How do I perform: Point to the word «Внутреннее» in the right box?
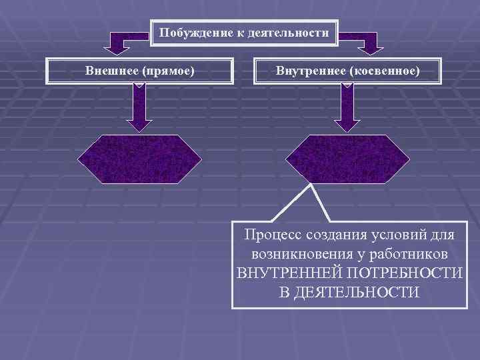click(309, 69)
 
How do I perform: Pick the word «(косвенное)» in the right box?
click(383, 69)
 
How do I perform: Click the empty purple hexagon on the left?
click(139, 159)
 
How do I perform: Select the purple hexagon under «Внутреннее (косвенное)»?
click(347, 159)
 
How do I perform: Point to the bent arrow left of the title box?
click(120, 41)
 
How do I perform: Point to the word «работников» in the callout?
click(409, 255)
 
